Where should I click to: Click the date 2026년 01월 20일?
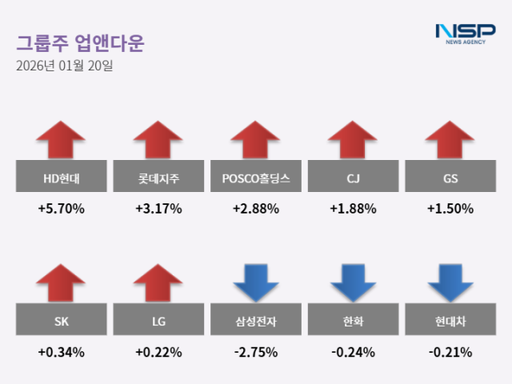[x=64, y=66]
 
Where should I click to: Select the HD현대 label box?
[x=61, y=177]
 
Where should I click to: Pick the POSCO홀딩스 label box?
[x=256, y=177]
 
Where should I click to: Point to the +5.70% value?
[x=61, y=209]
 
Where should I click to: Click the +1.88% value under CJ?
[x=354, y=209]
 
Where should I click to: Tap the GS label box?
[x=450, y=177]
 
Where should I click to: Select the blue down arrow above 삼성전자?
[x=256, y=284]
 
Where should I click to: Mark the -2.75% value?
[x=256, y=352]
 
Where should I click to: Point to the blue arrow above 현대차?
[x=450, y=284]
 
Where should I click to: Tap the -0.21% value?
[x=450, y=352]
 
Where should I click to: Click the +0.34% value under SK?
[x=61, y=352]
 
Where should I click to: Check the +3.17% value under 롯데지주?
[x=158, y=209]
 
